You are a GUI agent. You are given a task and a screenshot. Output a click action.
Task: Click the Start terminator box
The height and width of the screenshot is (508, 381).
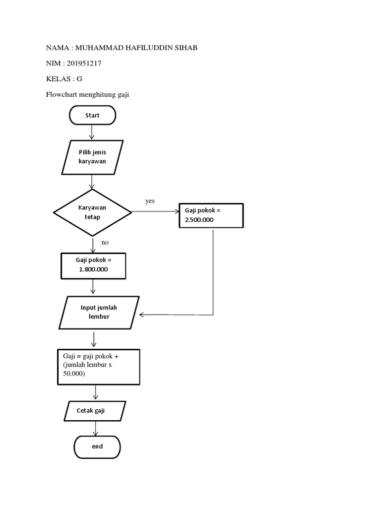[92, 115]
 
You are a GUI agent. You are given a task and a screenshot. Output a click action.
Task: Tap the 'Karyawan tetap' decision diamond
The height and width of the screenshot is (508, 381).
[92, 212]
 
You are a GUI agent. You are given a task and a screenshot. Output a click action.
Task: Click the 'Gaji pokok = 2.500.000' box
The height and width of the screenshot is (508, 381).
[211, 215]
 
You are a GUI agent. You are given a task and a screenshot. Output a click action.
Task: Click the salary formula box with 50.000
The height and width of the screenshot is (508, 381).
[98, 367]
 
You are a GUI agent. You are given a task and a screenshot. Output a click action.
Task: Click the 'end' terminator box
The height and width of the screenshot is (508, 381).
[97, 446]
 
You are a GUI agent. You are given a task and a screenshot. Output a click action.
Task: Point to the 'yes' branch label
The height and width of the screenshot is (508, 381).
[150, 201]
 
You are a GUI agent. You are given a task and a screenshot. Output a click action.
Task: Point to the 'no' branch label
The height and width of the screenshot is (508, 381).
[105, 243]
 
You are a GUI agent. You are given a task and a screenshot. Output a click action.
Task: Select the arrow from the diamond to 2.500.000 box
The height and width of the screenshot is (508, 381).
[155, 212]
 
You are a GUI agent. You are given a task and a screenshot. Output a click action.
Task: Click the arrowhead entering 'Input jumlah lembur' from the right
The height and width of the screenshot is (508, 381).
[143, 315]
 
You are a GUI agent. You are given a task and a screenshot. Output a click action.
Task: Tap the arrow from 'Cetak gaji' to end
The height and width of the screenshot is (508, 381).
[95, 428]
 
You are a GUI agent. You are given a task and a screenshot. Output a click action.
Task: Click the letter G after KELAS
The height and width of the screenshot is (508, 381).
[79, 78]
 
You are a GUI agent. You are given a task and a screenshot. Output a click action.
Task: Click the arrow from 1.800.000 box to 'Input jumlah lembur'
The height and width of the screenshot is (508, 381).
[93, 286]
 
